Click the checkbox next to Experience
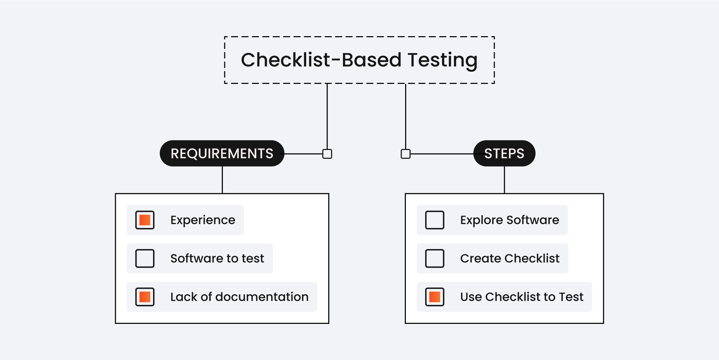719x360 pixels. tap(145, 220)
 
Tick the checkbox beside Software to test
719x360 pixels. tap(145, 258)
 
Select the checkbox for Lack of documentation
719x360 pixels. tap(145, 297)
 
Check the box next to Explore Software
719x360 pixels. tap(435, 220)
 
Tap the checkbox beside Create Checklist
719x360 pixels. tap(435, 258)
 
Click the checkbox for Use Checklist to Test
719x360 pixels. tap(435, 297)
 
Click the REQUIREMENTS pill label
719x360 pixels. tap(222, 153)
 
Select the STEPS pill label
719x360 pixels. tap(504, 153)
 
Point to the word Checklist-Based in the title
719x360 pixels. tap(321, 60)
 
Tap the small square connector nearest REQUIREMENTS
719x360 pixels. tap(327, 154)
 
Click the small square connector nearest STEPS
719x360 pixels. tap(405, 154)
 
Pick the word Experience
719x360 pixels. tap(203, 220)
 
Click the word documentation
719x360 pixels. tap(262, 297)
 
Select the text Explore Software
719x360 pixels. tap(509, 220)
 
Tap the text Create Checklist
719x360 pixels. tap(510, 258)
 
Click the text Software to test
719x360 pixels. tap(217, 258)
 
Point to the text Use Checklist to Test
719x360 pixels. tap(522, 297)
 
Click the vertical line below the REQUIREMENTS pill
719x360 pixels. tap(222, 179)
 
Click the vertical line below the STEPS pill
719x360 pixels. tap(504, 179)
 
